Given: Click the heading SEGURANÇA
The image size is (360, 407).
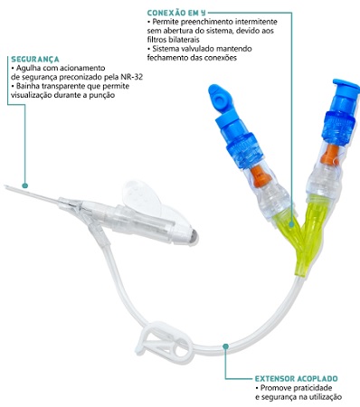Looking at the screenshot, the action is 35,59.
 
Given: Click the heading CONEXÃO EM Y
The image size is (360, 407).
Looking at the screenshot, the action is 176,13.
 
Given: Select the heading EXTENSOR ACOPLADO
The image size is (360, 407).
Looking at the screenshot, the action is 297,379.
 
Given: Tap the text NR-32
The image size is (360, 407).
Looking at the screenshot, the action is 132,77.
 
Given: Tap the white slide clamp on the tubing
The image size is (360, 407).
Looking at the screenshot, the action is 165,341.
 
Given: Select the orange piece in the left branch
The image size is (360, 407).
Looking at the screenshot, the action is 261,175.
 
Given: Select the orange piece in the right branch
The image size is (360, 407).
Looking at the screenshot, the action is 331,155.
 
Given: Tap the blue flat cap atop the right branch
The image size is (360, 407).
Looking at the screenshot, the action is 346,85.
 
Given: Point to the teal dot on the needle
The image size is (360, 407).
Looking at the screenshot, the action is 25,185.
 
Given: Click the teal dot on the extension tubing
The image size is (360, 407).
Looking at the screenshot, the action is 225,346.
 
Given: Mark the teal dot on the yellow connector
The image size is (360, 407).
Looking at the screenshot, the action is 291,224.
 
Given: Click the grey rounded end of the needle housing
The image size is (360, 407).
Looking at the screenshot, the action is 193,237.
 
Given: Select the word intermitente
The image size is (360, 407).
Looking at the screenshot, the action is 256,22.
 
